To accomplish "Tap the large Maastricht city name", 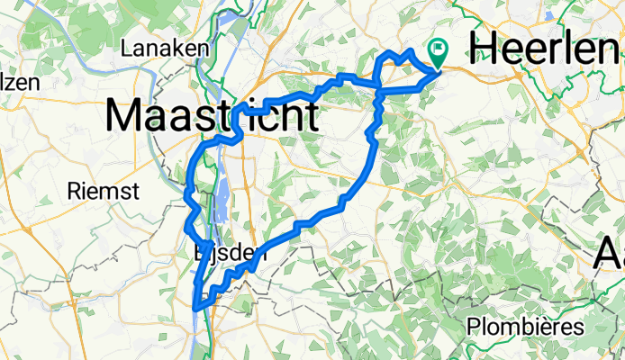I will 212,116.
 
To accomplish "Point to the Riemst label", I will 104,191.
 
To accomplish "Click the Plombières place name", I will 526,326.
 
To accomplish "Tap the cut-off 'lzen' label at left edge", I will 20,82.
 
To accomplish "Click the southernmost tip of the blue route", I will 195,309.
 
